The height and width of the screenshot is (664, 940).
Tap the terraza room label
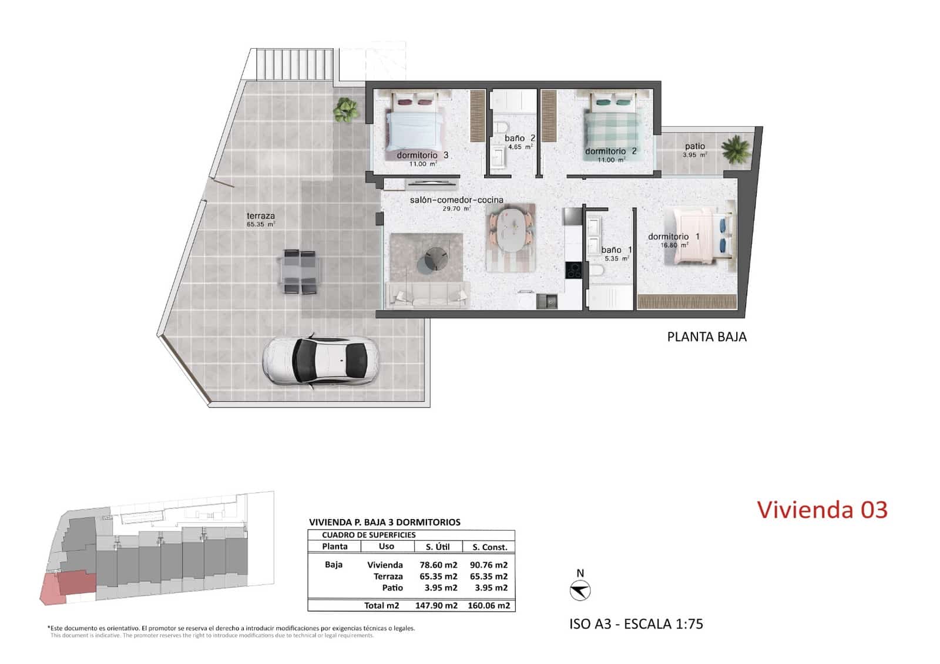260,216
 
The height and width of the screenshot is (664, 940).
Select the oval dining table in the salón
509,230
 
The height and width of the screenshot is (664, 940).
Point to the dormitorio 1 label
673,237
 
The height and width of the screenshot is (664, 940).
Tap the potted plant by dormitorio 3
345,109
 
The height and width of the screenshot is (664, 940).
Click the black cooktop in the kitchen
573,270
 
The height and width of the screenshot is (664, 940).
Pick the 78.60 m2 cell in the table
438,565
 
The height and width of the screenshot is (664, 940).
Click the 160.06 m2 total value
488,605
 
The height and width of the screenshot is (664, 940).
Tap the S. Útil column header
437,547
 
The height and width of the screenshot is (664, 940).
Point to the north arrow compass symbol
580,590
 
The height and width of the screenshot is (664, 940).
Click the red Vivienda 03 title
821,510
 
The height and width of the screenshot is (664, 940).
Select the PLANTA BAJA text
706,337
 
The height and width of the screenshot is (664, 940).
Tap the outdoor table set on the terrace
300,271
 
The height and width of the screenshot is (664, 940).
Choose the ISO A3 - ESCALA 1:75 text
636,623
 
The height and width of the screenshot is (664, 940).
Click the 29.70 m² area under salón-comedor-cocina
456,208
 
